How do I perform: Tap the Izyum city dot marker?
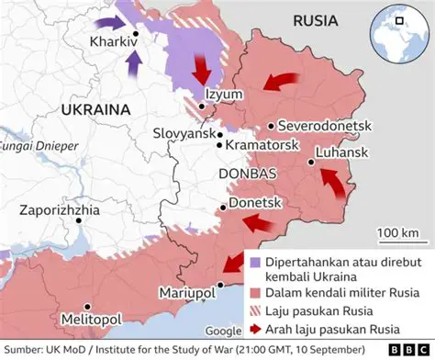click(x=201, y=107)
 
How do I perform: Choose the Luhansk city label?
click(x=342, y=152)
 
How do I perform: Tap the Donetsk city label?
click(x=254, y=201)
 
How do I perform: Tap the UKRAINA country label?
click(x=95, y=109)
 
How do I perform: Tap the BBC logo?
click(x=411, y=350)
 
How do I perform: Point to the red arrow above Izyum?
click(x=202, y=71)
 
